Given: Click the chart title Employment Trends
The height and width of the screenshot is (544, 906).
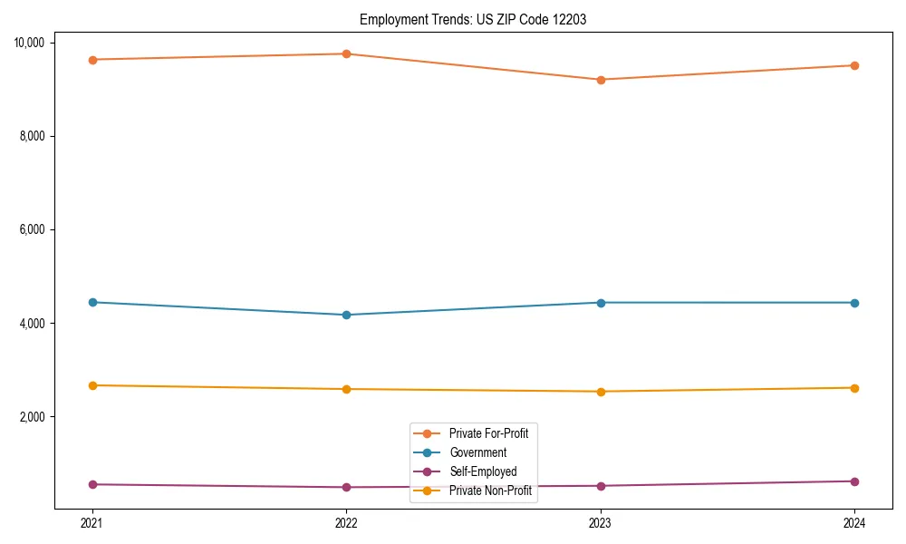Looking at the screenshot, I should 473,19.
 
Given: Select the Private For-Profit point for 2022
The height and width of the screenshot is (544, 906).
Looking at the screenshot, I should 346,53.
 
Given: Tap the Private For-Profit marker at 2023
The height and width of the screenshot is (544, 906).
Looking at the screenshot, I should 601,80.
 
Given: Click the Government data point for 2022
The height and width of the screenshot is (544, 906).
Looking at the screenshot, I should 346,315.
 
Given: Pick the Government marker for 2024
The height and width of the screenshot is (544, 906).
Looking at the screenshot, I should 854,303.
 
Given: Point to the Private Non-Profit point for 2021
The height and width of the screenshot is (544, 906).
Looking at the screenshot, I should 92,385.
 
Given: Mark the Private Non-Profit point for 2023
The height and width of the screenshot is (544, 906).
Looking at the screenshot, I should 601,392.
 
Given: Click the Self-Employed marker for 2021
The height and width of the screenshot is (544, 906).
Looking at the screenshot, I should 92,484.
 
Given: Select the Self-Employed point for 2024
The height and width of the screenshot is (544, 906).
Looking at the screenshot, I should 854,481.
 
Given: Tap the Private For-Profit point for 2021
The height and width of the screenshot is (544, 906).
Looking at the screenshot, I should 92,60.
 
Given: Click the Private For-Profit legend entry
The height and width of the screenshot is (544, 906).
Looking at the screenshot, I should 488,433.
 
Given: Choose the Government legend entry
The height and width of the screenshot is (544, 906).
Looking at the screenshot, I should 477,452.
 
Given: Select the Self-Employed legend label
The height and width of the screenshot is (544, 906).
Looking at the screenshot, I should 483,471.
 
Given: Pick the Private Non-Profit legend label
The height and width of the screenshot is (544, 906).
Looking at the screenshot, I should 490,491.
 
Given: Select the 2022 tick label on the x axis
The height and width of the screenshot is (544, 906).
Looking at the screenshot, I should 346,523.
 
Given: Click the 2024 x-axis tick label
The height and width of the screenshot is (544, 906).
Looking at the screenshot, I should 854,523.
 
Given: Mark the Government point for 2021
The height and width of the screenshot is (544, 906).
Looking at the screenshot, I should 92,302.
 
